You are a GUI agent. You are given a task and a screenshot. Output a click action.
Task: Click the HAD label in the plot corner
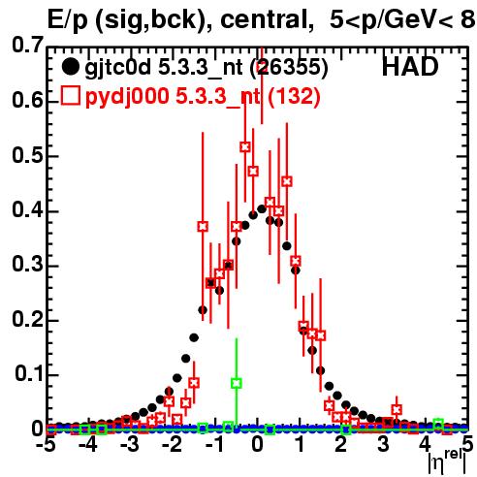point(410,67)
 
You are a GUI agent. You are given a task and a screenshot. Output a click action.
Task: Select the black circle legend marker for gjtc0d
point(70,67)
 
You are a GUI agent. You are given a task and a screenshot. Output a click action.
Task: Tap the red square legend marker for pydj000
point(71,96)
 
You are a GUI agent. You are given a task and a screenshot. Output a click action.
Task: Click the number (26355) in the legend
point(289,68)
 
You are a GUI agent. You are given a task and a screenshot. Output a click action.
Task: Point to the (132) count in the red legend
point(295,96)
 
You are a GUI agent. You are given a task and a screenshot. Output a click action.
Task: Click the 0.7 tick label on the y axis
point(27,45)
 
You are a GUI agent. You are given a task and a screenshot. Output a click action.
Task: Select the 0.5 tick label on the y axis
point(27,155)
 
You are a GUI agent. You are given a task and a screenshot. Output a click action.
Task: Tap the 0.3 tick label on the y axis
point(27,265)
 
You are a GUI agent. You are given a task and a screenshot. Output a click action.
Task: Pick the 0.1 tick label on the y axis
point(29,373)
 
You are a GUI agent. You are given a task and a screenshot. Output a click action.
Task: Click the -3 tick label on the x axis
point(130,444)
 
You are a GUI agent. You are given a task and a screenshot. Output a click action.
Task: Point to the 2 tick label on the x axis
point(340,444)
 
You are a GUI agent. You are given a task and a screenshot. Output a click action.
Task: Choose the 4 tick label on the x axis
point(426,444)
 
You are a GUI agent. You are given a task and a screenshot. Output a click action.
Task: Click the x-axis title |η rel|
point(447,462)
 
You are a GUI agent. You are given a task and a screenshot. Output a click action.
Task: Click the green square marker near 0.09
point(237,383)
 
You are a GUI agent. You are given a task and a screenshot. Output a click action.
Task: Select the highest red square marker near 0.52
point(245,147)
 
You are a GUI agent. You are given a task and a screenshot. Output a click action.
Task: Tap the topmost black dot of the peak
point(262,209)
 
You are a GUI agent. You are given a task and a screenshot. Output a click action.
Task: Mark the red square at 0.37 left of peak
point(203,227)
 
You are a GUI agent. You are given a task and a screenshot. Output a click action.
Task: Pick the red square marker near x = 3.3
point(397,410)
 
